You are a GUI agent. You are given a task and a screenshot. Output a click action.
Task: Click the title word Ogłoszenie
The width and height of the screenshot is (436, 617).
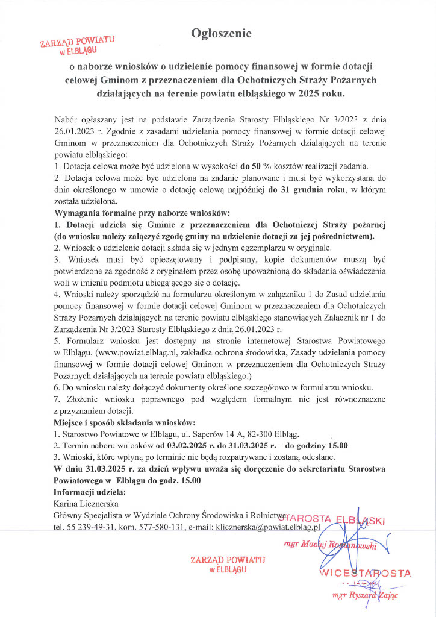(x=221, y=32)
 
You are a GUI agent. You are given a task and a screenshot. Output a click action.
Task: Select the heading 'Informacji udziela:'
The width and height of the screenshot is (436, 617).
(x=86, y=492)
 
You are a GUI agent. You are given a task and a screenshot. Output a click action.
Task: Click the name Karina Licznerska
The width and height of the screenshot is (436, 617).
(x=86, y=504)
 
